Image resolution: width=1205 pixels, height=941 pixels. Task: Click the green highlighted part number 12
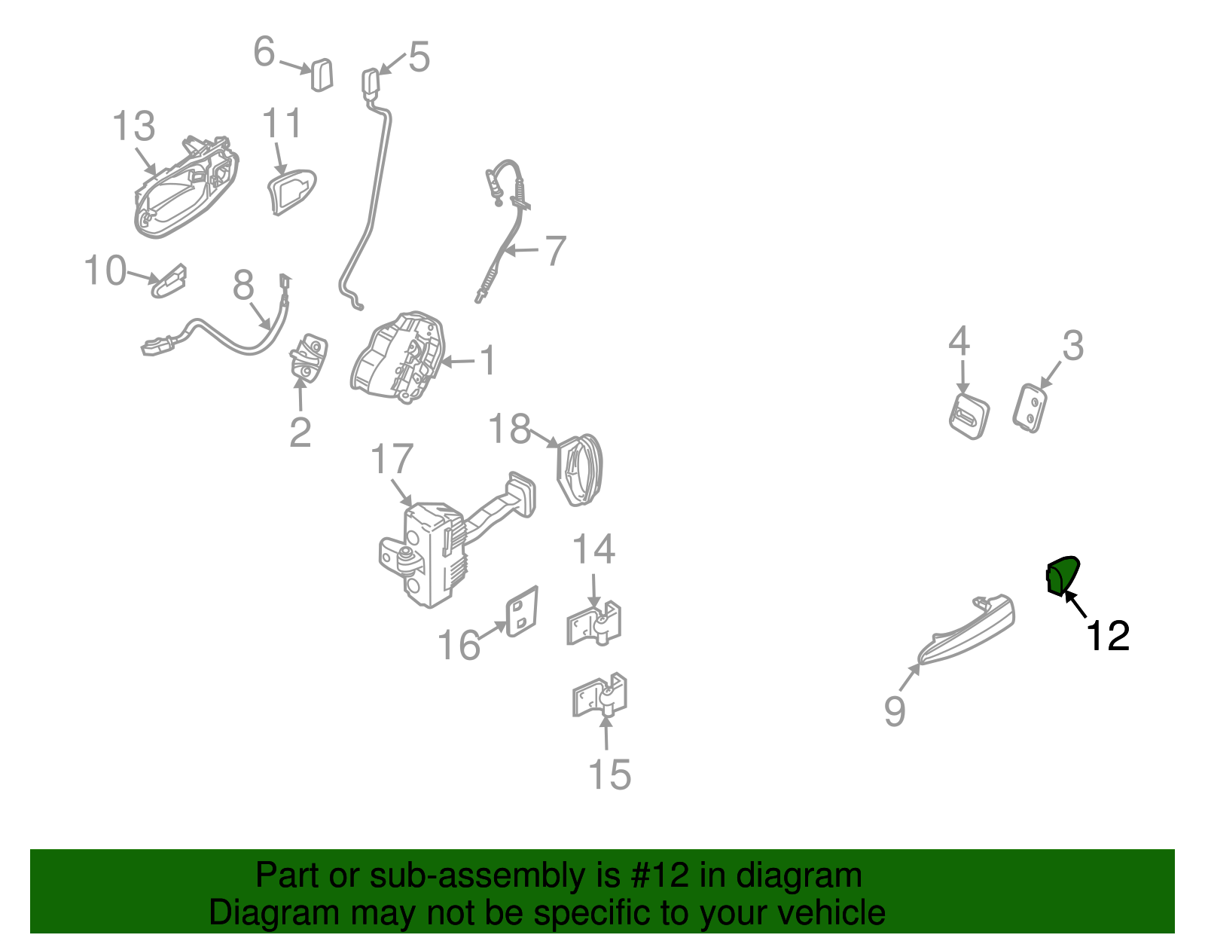tap(1061, 576)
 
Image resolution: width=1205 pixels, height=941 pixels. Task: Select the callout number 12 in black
tap(1107, 636)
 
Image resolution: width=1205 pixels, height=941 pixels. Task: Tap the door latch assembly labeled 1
tap(398, 357)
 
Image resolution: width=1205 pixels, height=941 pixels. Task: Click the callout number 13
tap(133, 126)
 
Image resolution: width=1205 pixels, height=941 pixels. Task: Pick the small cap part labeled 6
tap(322, 75)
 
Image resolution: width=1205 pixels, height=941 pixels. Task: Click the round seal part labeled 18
tap(579, 469)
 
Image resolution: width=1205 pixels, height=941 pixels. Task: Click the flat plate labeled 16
tap(522, 611)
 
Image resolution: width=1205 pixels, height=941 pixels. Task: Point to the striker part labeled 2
tap(308, 358)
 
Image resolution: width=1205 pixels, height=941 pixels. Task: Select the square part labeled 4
tap(969, 416)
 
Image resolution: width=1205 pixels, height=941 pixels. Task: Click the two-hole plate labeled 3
tap(1030, 408)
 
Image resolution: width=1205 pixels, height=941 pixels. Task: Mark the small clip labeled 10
tap(169, 280)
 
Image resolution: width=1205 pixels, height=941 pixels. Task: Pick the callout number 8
tap(243, 286)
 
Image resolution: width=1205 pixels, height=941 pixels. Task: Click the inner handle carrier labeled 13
tap(187, 187)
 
